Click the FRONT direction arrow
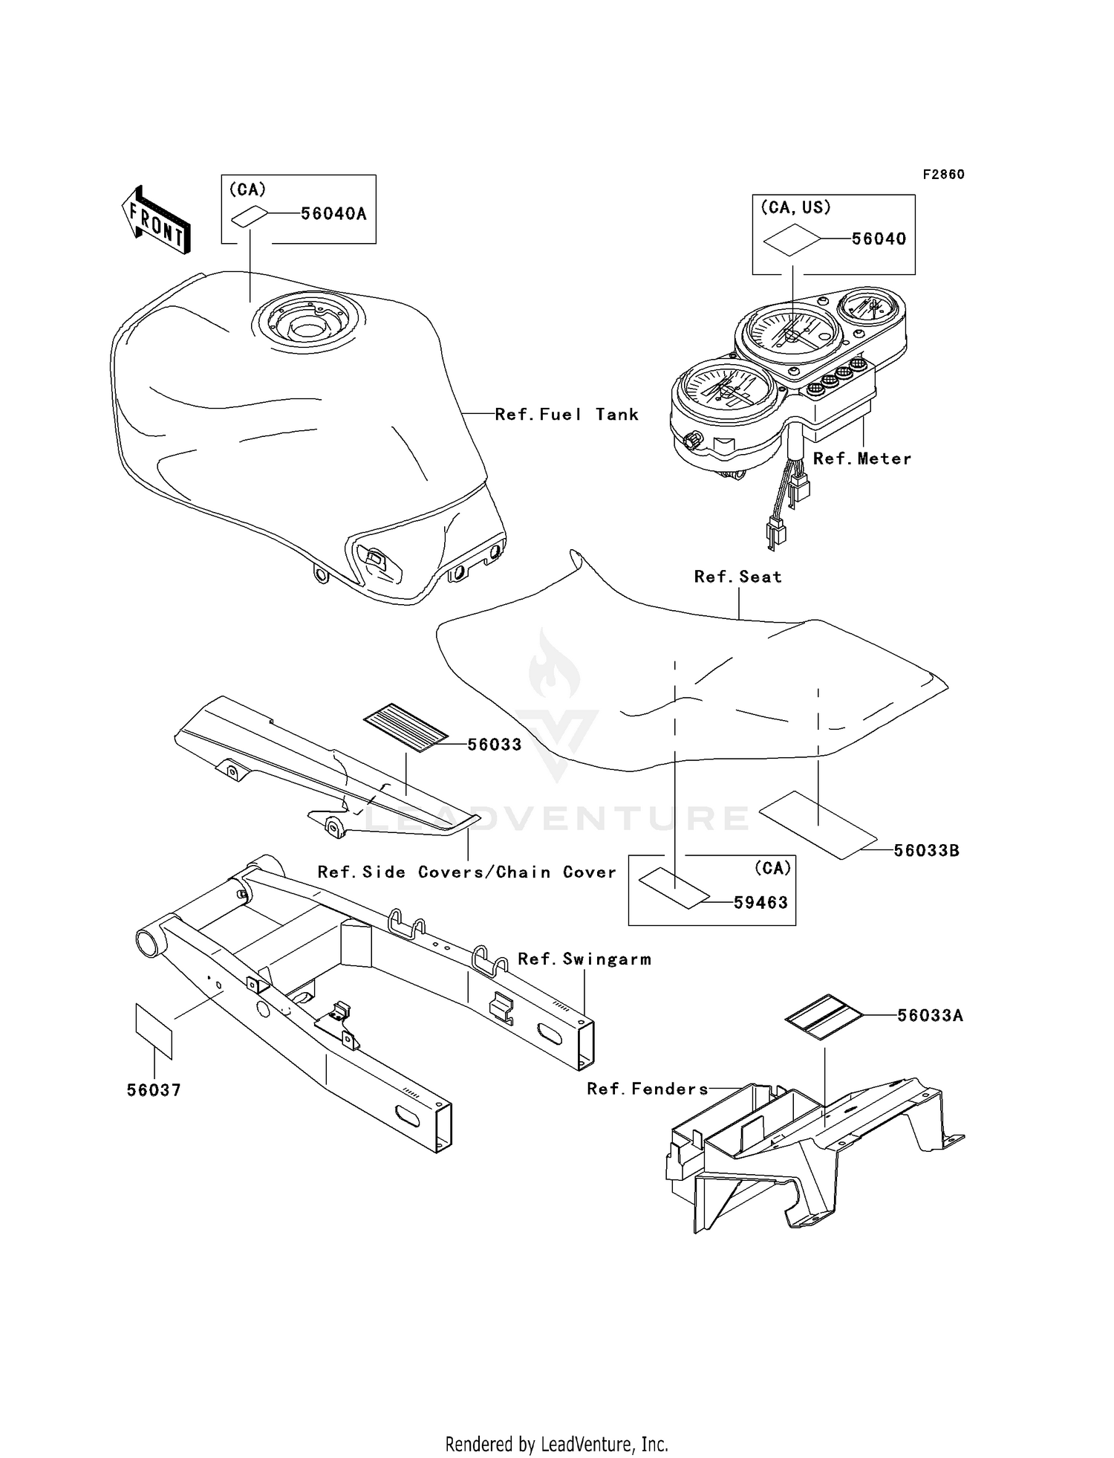[x=156, y=220]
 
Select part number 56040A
[x=333, y=214]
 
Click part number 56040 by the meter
[x=879, y=239]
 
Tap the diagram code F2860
[x=943, y=174]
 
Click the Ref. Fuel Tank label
[x=567, y=415]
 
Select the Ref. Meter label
[x=861, y=459]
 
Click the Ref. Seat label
[x=738, y=577]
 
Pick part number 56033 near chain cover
[x=495, y=745]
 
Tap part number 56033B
[x=926, y=850]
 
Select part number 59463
[x=760, y=902]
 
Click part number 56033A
[x=930, y=1015]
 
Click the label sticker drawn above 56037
[x=154, y=1030]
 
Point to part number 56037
[x=154, y=1090]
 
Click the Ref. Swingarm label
[x=584, y=959]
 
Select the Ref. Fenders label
[x=647, y=1089]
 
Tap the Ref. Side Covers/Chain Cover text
[x=466, y=872]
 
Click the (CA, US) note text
[x=795, y=207]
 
